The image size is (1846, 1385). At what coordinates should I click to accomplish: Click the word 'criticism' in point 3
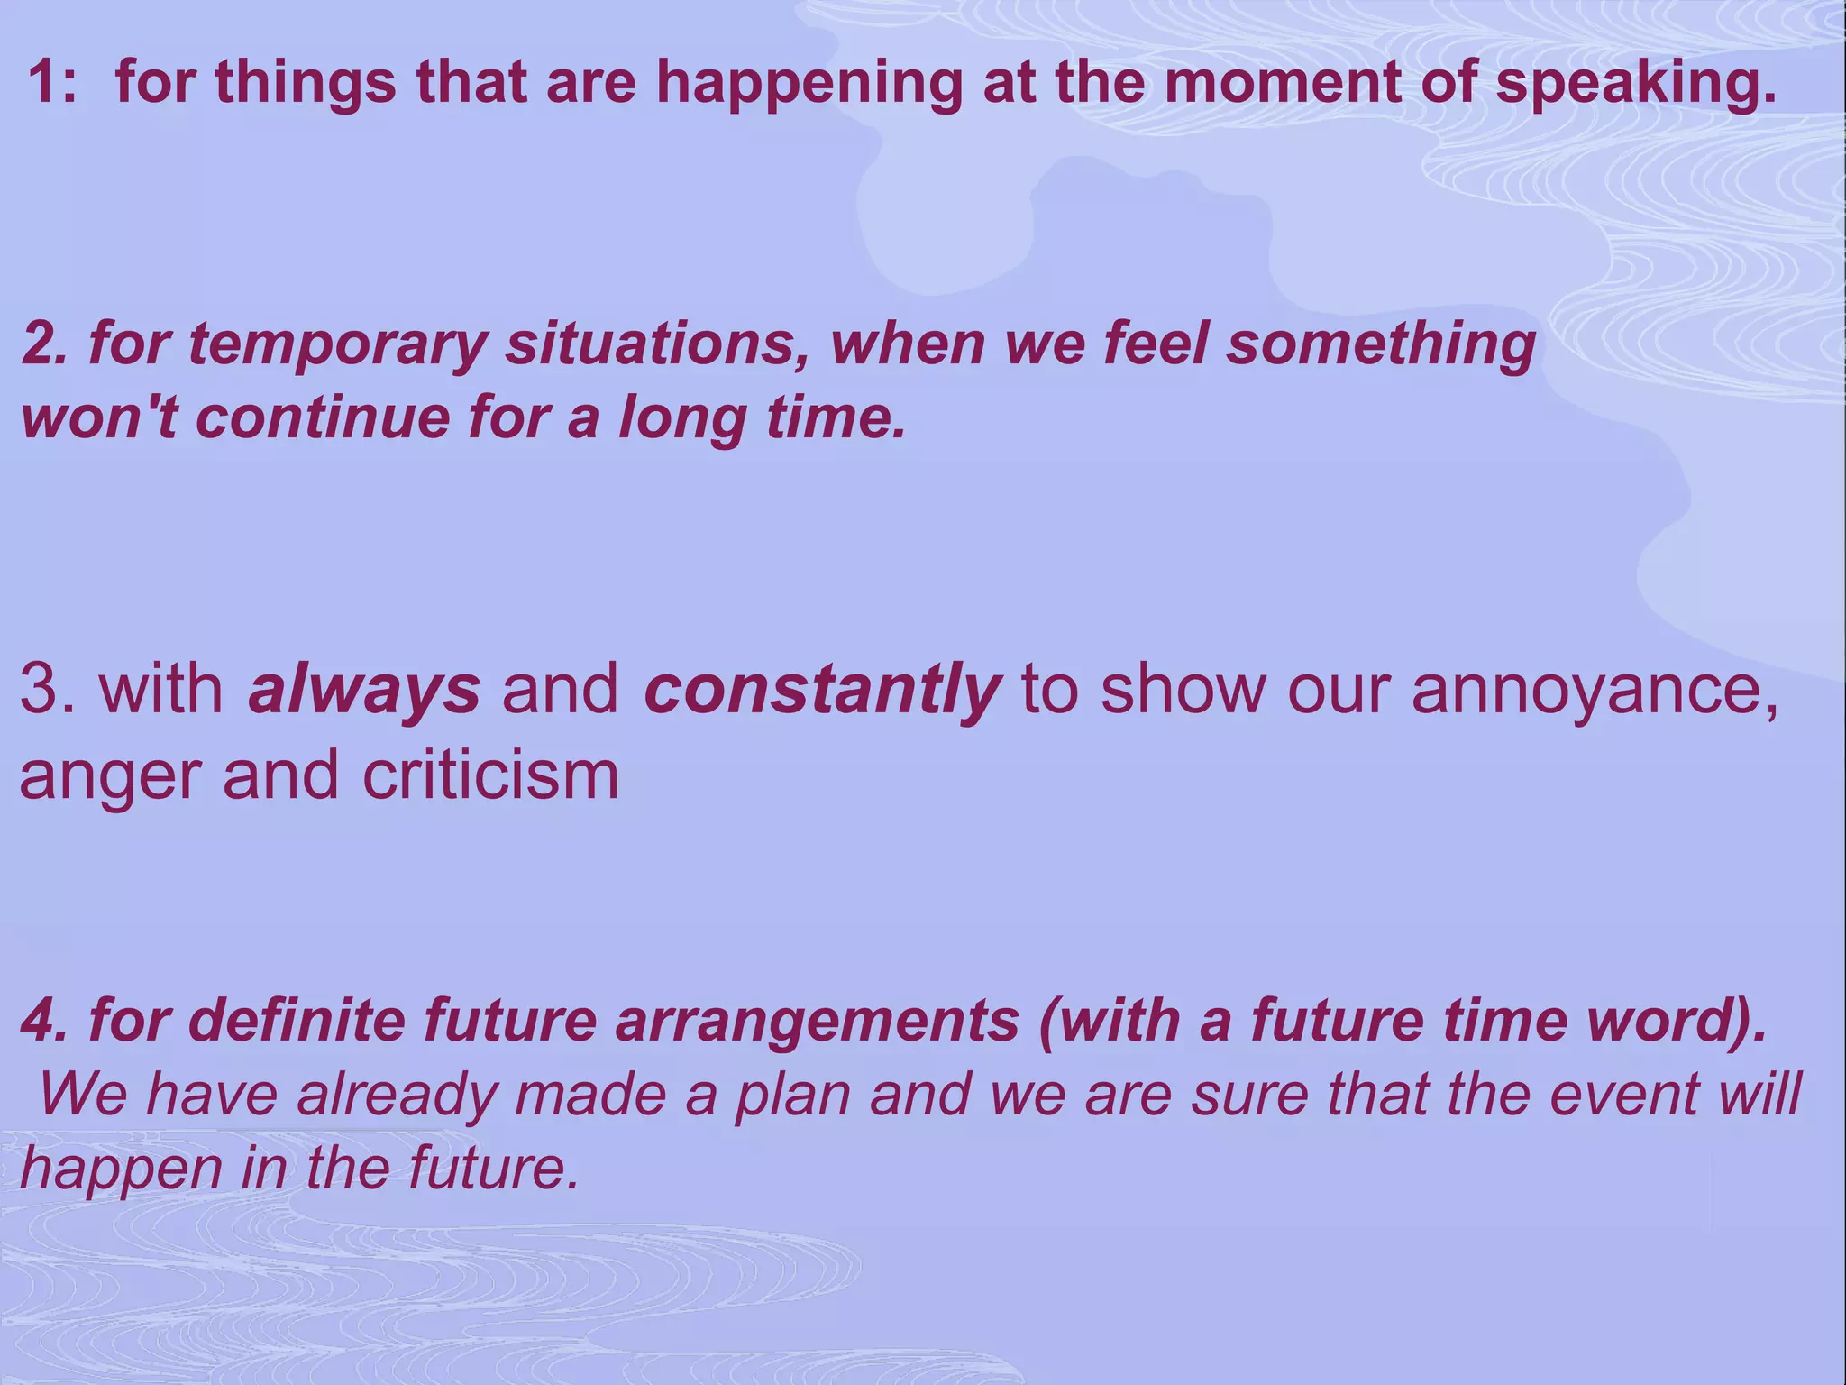(490, 775)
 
